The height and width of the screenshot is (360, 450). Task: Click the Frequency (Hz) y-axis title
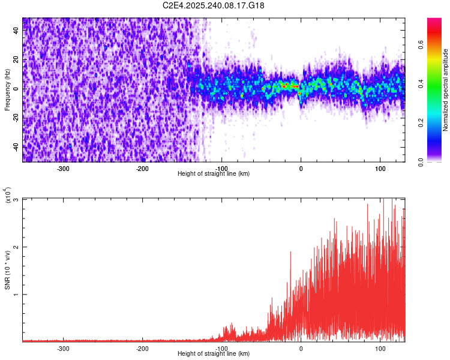point(7,90)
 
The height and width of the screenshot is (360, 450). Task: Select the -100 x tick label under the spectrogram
point(222,169)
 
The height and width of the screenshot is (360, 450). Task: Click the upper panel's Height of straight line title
point(214,174)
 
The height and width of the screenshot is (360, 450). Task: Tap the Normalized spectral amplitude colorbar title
point(446,90)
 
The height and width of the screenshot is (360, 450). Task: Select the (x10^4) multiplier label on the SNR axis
point(8,195)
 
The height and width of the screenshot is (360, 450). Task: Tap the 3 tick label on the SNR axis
point(17,199)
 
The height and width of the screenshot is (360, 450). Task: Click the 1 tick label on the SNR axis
point(17,295)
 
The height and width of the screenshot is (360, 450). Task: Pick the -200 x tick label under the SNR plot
point(143,348)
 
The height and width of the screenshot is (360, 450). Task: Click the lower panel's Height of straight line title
point(214,354)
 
